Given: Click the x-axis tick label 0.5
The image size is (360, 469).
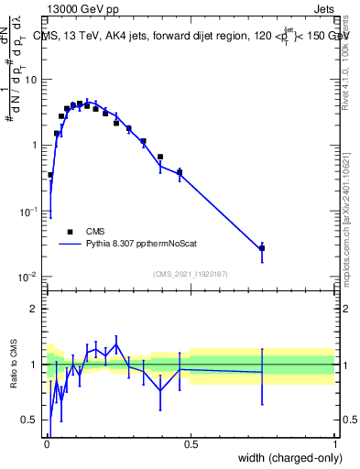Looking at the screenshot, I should [191, 443].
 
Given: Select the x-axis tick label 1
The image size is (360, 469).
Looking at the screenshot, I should [335, 443].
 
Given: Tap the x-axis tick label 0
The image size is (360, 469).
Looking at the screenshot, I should [47, 443].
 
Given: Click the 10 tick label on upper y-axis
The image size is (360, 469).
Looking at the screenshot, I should [31, 79].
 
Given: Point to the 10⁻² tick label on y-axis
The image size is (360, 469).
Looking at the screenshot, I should [29, 277].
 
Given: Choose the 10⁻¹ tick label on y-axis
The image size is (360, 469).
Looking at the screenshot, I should [29, 211].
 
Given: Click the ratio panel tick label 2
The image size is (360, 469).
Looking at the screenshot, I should [35, 309].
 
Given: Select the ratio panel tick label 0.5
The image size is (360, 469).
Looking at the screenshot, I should [30, 420].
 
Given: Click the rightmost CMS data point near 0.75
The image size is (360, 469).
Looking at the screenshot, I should [262, 248].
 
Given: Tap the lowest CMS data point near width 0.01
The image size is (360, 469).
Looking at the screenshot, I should [49, 175].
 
